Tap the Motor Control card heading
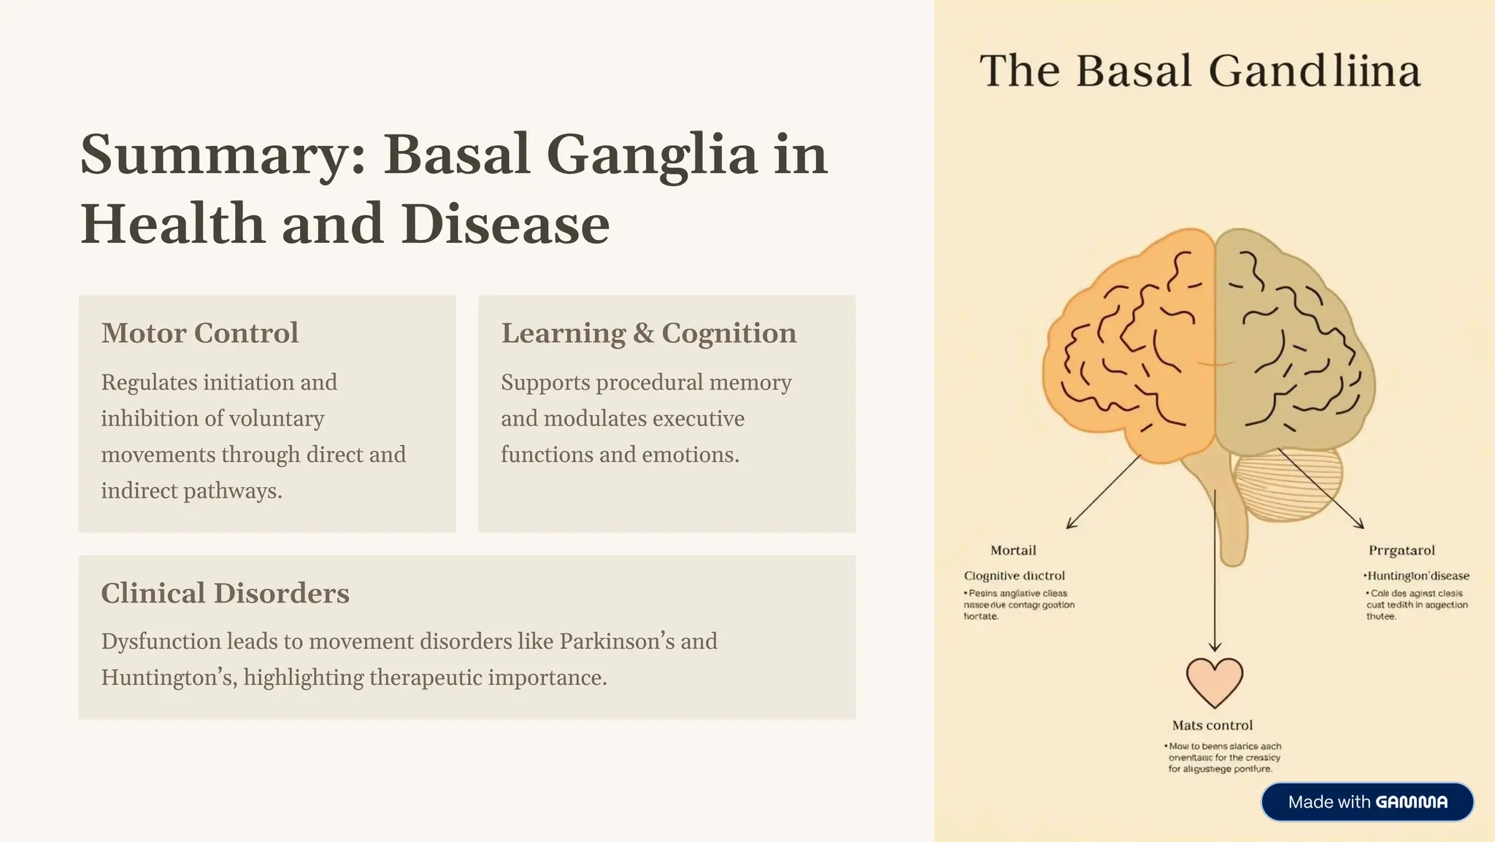(200, 333)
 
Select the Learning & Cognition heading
(648, 333)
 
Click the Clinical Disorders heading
(225, 593)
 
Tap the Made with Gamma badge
(1367, 802)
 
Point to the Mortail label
(1013, 550)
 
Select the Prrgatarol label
(1402, 550)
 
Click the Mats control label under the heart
(1212, 725)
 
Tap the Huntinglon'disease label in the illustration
(1417, 576)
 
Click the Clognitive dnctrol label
(1014, 576)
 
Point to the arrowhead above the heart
(1215, 646)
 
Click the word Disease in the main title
(505, 224)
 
